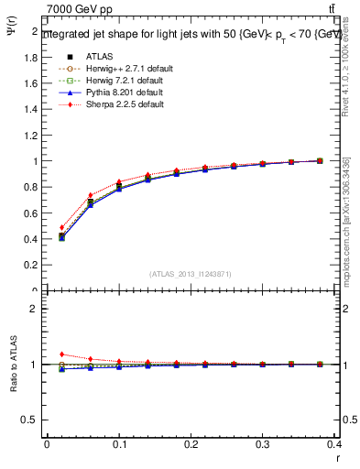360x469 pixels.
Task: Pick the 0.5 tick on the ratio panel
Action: [x=30, y=420]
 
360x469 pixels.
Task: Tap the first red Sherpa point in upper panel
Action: [x=61, y=227]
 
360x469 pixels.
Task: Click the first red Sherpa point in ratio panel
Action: [x=61, y=354]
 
